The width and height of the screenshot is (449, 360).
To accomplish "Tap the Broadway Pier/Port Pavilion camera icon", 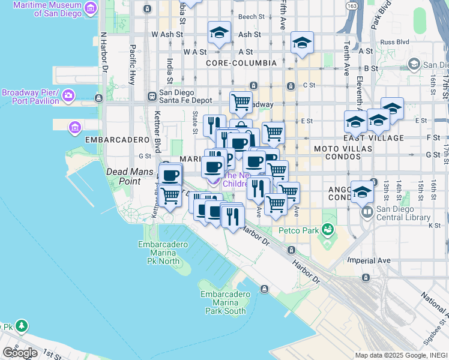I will pyautogui.click(x=68, y=95).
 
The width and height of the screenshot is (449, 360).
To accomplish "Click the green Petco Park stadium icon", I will pyautogui.click(x=327, y=230).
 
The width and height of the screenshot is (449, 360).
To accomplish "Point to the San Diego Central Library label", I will pyautogui.click(x=403, y=214).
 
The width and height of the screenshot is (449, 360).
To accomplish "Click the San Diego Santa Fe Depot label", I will pyautogui.click(x=185, y=97).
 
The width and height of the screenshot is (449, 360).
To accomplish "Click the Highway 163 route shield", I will pyautogui.click(x=352, y=6).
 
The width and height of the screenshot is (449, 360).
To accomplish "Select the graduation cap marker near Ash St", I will pyautogui.click(x=219, y=34).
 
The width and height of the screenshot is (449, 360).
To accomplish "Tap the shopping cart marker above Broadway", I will pyautogui.click(x=241, y=103).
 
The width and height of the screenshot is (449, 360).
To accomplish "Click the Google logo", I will pyautogui.click(x=20, y=353).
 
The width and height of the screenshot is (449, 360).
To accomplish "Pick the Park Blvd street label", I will pyautogui.click(x=381, y=16).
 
